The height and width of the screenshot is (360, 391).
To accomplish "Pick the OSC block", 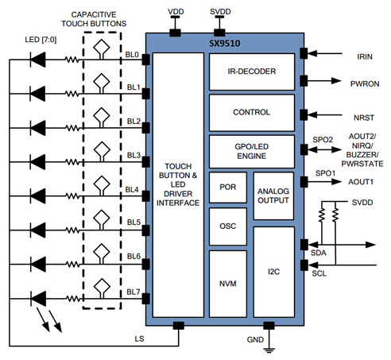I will pyautogui.click(x=226, y=226).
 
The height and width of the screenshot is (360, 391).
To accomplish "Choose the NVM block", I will pyautogui.click(x=226, y=281).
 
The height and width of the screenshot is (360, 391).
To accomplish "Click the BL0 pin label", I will pyautogui.click(x=133, y=56).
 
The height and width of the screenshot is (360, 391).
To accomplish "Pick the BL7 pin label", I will pyautogui.click(x=133, y=292).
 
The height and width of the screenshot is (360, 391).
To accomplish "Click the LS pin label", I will pyautogui.click(x=140, y=337).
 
